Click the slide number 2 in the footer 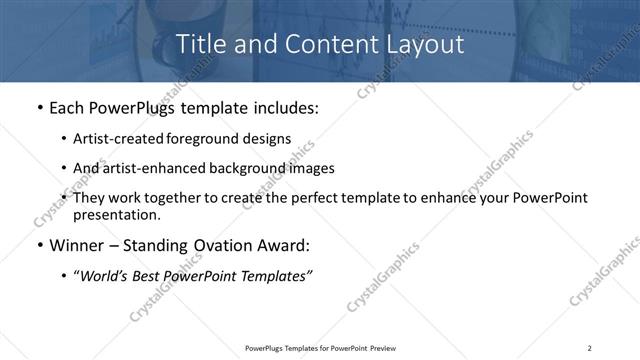pyautogui.click(x=590, y=347)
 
